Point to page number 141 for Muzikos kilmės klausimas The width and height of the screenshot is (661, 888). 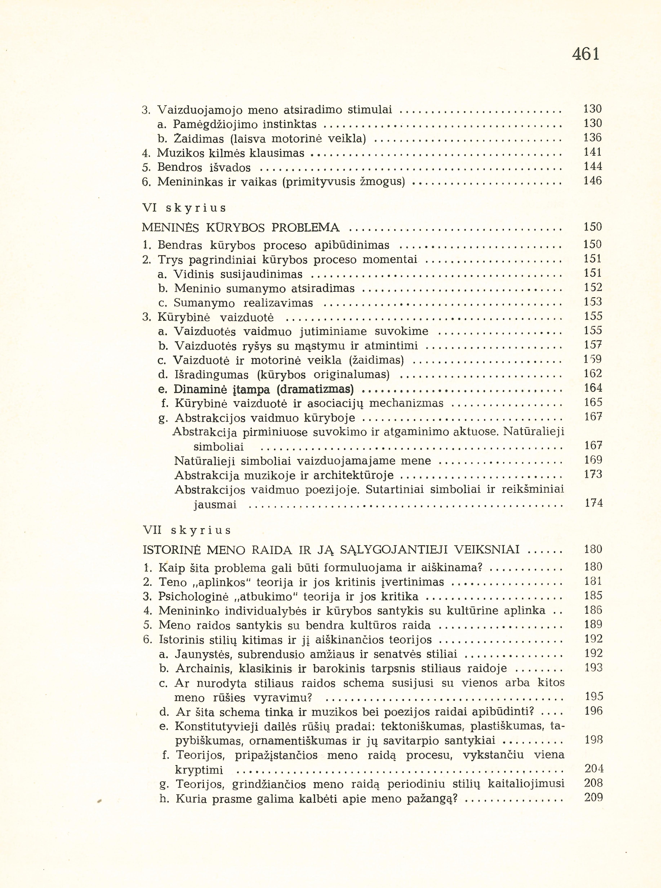pyautogui.click(x=593, y=152)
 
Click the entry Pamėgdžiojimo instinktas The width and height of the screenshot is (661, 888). pyautogui.click(x=245, y=124)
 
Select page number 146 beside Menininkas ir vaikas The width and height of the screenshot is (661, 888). pyautogui.click(x=593, y=181)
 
